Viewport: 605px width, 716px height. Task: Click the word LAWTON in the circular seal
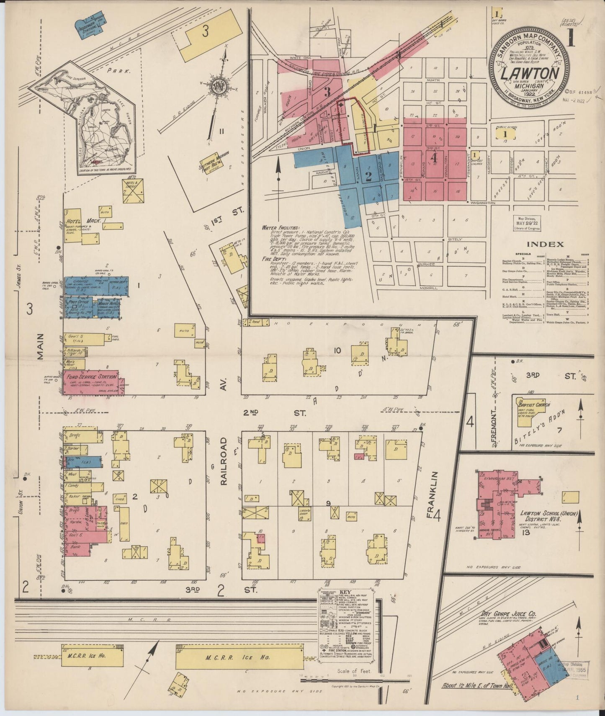coord(531,73)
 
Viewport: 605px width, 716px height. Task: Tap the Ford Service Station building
coord(90,377)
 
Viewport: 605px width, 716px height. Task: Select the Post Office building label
coord(75,301)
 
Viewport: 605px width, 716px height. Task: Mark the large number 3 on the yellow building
coord(205,31)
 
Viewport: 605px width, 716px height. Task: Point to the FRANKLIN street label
coord(435,494)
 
